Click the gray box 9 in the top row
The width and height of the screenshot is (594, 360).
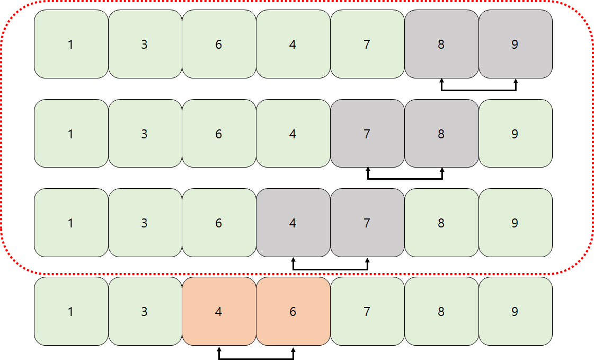[x=515, y=45]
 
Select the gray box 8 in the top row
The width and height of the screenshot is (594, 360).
[x=441, y=45]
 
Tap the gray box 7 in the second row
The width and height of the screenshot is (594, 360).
[x=367, y=134]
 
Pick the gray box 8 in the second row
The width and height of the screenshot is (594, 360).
[x=441, y=134]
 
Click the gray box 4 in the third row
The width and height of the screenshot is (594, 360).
[x=292, y=223]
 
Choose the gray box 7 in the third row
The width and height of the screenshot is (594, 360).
[x=367, y=223]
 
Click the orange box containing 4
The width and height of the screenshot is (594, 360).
[x=218, y=311]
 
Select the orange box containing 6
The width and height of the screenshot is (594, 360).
[x=292, y=311]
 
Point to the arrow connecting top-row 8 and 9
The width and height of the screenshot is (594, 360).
[x=478, y=90]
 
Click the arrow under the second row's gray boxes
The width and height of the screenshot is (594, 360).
[x=404, y=179]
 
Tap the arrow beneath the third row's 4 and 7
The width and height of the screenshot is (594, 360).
[x=330, y=269]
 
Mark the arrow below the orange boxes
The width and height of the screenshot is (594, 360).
[x=255, y=358]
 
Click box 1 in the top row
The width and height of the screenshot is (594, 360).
[x=71, y=45]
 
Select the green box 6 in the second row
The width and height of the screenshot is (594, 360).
[x=218, y=134]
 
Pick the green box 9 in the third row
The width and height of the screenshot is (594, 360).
[x=515, y=223]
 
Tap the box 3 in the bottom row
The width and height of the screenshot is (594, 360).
[x=145, y=311]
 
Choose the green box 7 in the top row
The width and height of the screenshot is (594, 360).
[x=367, y=45]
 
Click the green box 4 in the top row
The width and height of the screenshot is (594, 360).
[x=292, y=45]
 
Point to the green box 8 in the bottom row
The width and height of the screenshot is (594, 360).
[x=441, y=311]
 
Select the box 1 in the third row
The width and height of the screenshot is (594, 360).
[x=71, y=223]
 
